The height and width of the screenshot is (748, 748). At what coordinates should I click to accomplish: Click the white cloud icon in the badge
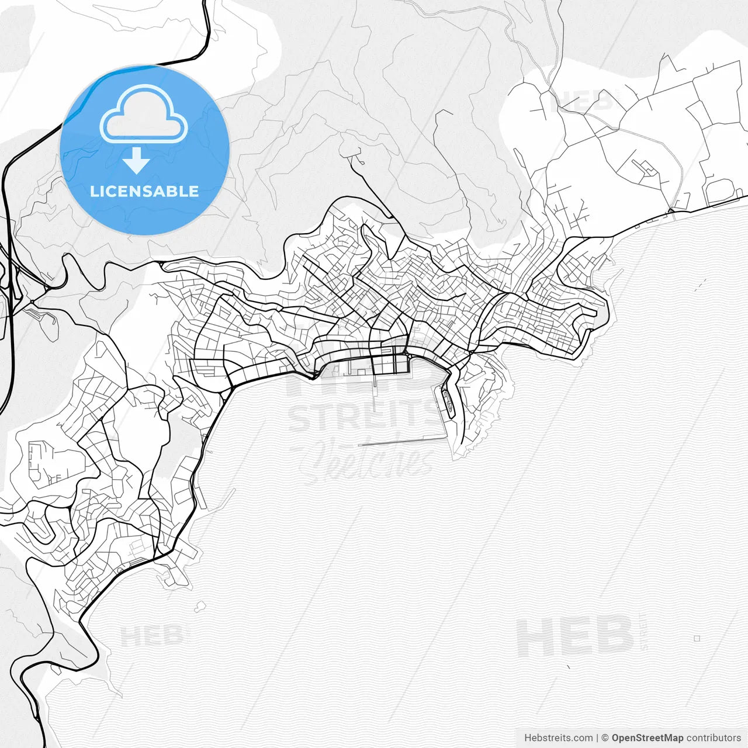coord(144,114)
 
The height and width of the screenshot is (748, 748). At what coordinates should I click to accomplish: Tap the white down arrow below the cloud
coord(137,161)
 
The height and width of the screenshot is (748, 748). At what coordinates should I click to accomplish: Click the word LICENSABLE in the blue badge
coord(144,191)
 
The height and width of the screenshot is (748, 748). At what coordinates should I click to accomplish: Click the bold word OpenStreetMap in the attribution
coord(647,738)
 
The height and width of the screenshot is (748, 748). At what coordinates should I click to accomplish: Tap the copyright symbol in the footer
coord(605,738)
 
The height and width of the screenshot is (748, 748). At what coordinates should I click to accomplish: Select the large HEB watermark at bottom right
coord(574,637)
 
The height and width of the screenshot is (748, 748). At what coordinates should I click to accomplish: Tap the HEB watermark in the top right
coord(581,101)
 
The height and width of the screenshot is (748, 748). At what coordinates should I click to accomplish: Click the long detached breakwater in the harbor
coord(401,441)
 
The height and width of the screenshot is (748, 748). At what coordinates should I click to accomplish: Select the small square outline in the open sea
coord(697,638)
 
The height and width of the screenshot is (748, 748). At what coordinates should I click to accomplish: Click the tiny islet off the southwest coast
coord(202,605)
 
